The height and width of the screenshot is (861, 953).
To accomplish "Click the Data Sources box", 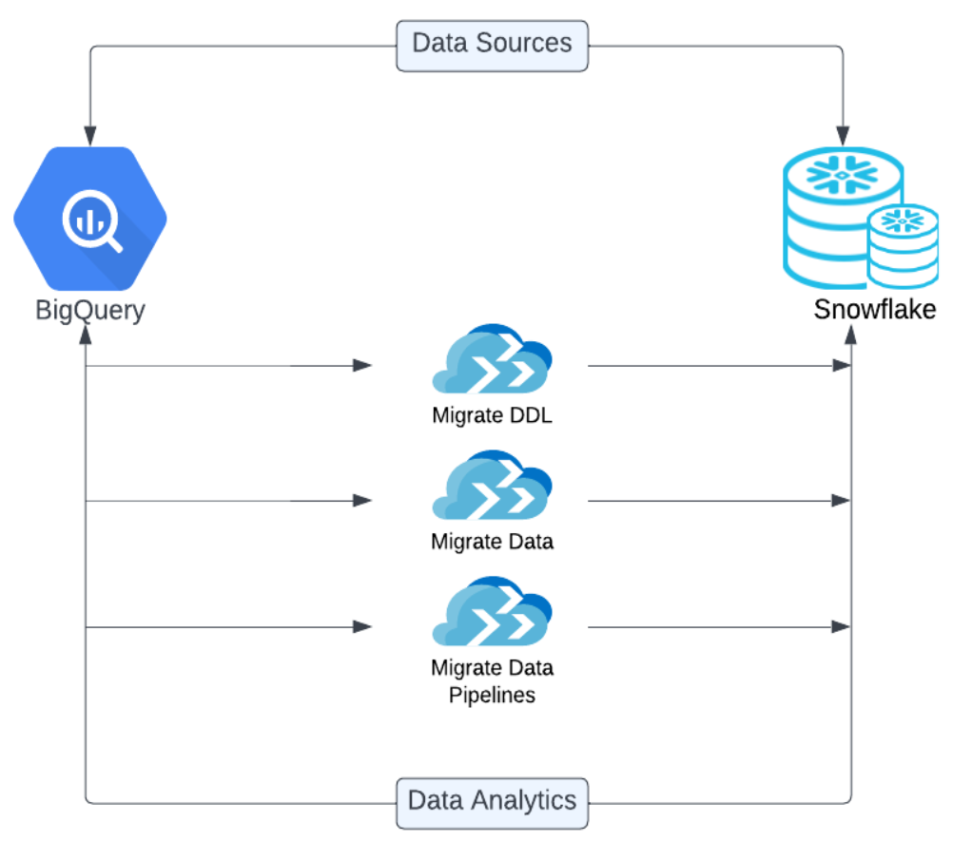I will pyautogui.click(x=492, y=44).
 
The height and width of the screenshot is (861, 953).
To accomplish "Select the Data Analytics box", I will pyautogui.click(x=492, y=801).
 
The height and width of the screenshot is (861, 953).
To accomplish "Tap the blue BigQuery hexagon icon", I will pyautogui.click(x=90, y=219).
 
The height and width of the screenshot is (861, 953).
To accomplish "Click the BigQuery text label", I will pyautogui.click(x=90, y=310).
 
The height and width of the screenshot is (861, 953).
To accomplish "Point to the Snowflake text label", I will pyautogui.click(x=874, y=310).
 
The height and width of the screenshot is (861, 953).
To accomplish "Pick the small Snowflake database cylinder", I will pyautogui.click(x=903, y=245).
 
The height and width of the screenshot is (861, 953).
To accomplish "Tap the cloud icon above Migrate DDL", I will pyautogui.click(x=492, y=361).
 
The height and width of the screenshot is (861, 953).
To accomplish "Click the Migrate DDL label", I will pyautogui.click(x=492, y=415).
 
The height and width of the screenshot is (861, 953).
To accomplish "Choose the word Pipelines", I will pyautogui.click(x=492, y=695).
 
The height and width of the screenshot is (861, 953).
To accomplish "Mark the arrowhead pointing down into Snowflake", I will pyautogui.click(x=844, y=134).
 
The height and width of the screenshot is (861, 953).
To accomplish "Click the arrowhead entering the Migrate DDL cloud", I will pyautogui.click(x=362, y=365).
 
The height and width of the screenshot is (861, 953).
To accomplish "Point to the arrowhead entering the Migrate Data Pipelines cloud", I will pyautogui.click(x=362, y=626).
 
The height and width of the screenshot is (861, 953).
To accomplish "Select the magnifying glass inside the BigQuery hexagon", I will pyautogui.click(x=91, y=222).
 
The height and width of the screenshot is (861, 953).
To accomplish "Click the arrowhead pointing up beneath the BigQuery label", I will pyautogui.click(x=87, y=334).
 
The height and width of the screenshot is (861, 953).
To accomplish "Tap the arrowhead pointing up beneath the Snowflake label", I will pyautogui.click(x=851, y=334).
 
